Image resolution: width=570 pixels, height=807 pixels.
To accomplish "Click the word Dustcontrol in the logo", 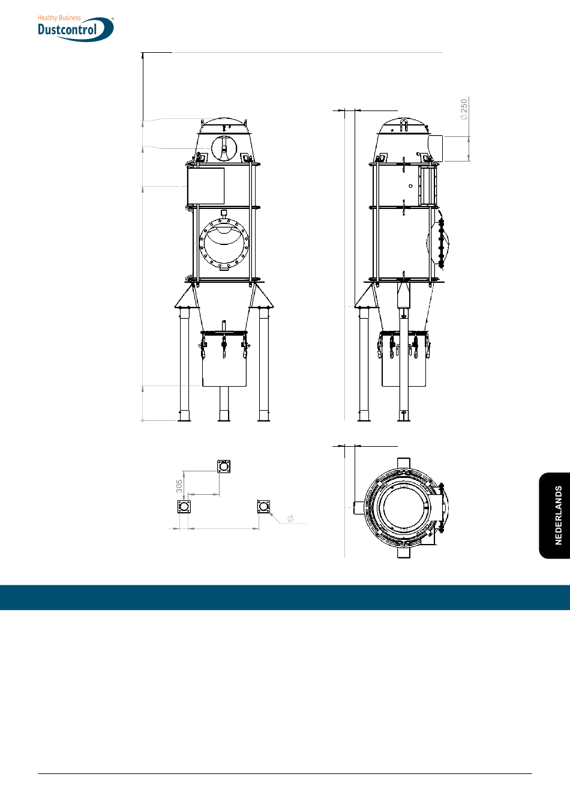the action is tap(67, 29).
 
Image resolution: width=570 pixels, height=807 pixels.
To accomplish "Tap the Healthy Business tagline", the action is tap(59, 17).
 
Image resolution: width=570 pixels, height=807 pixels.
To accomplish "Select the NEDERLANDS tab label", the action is tap(559, 515).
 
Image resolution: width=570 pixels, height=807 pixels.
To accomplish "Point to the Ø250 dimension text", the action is tap(464, 109).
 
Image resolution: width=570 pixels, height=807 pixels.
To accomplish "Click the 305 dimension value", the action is tap(179, 486).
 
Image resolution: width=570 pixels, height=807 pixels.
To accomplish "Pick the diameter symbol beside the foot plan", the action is tap(290, 518).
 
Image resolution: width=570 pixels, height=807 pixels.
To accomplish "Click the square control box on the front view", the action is tap(206, 186).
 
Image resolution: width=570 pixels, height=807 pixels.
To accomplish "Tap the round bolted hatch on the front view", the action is tap(224, 244).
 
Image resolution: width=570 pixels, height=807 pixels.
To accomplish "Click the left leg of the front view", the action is tap(184, 364).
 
